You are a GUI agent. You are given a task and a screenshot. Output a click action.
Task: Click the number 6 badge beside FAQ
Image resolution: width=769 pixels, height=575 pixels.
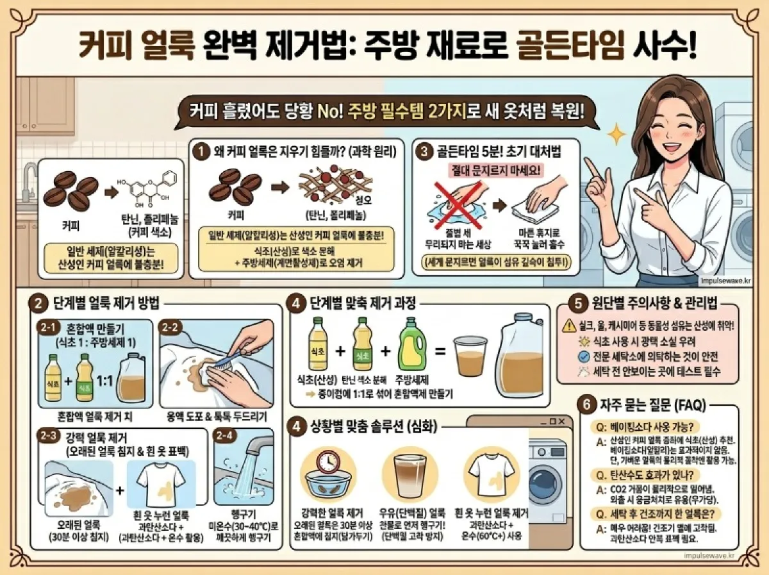click(x=586, y=405)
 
